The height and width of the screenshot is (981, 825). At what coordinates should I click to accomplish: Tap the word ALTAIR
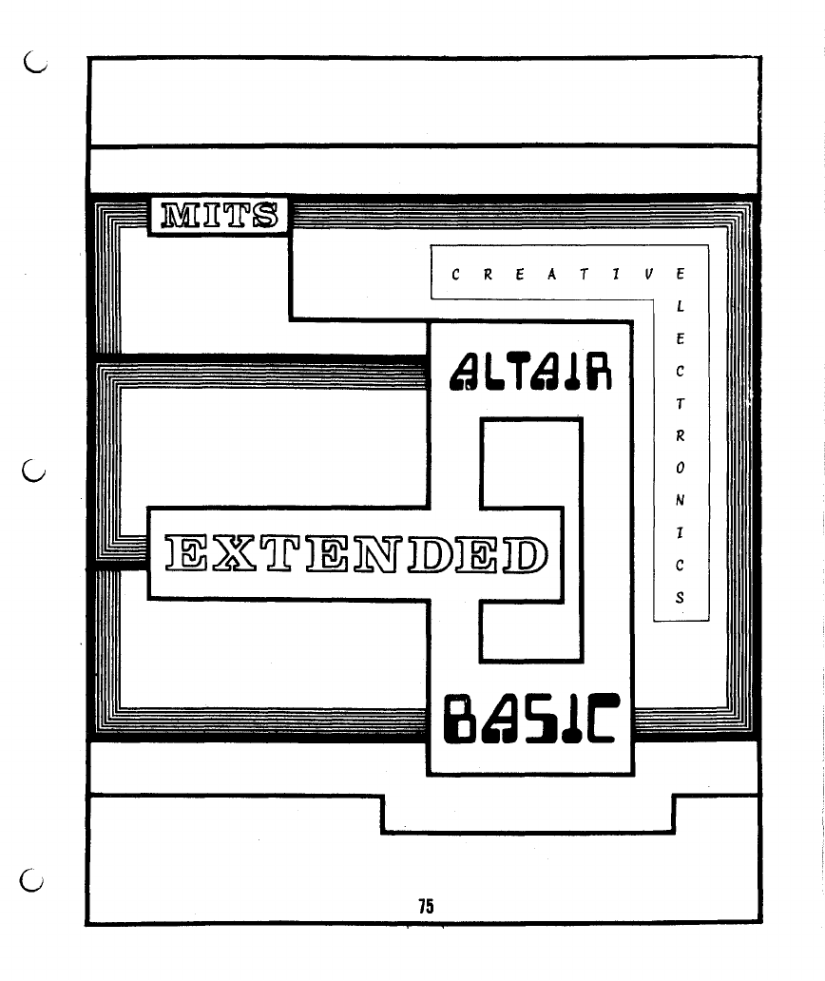[x=528, y=371]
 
